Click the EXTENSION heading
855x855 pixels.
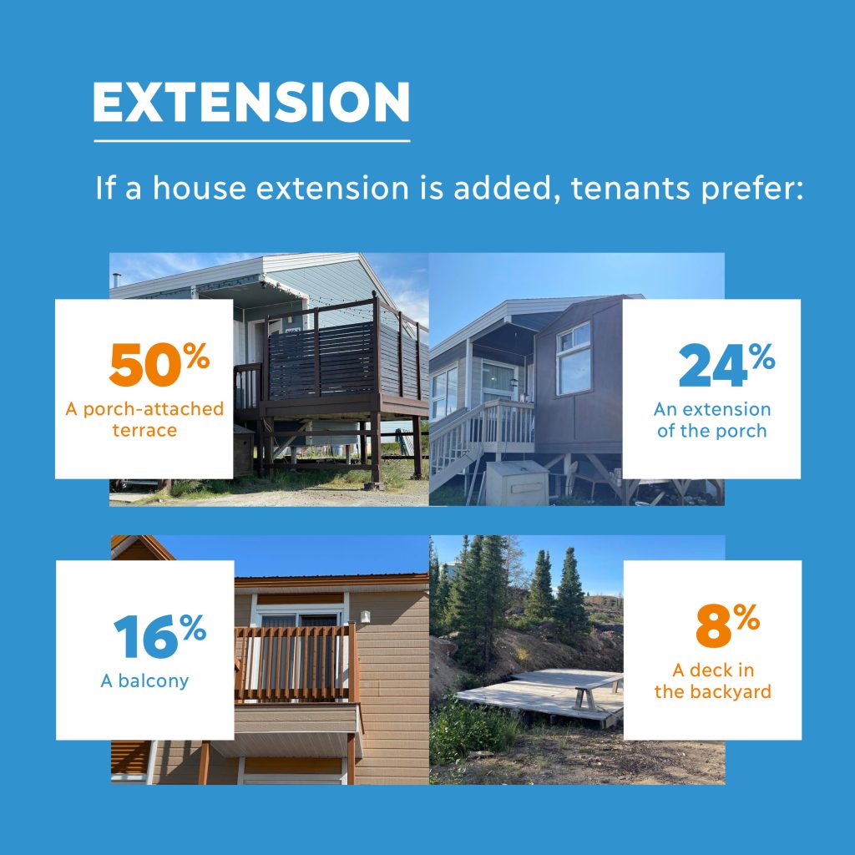click(x=251, y=102)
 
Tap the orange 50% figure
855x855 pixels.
click(x=159, y=364)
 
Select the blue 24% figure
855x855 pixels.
click(x=727, y=365)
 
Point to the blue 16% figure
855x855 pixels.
click(x=159, y=635)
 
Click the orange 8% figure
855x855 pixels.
click(x=728, y=625)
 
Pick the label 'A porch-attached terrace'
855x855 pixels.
click(x=144, y=419)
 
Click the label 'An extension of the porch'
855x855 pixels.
click(x=712, y=420)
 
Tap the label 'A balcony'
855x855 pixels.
click(x=145, y=680)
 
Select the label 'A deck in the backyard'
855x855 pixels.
click(x=713, y=680)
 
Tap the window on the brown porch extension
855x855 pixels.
click(x=574, y=357)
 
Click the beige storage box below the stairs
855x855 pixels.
click(x=516, y=483)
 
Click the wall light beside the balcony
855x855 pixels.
click(x=366, y=617)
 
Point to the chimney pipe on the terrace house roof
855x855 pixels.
click(x=116, y=281)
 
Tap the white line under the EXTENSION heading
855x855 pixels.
click(x=252, y=140)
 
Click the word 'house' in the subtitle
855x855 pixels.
click(x=200, y=188)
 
